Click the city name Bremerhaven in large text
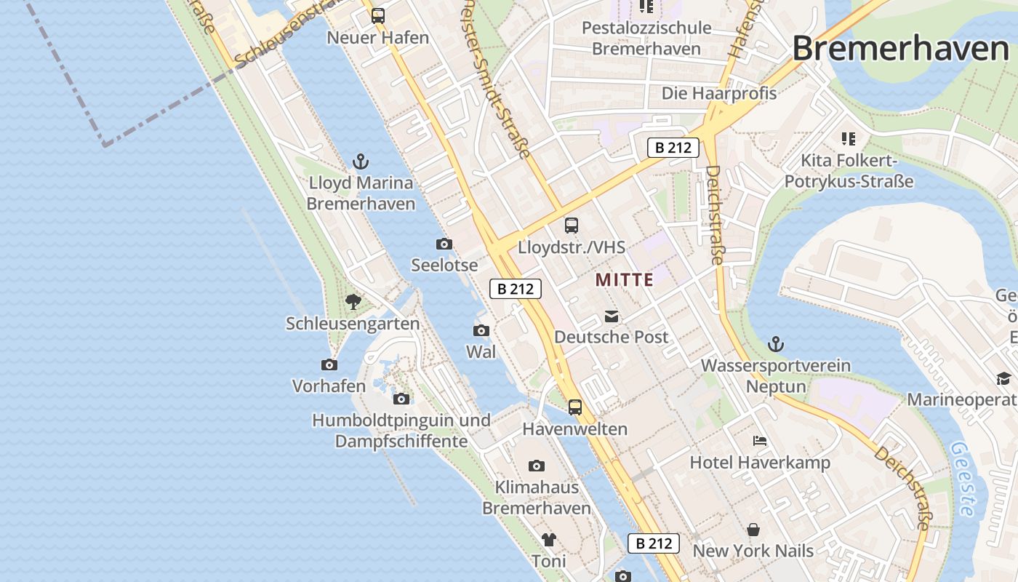(x=900, y=49)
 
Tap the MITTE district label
(x=624, y=279)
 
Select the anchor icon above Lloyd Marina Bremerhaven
(x=361, y=162)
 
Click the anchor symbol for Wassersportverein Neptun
(x=776, y=343)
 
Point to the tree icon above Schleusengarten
(x=353, y=301)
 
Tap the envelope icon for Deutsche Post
(x=611, y=316)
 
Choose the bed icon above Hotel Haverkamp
(x=760, y=441)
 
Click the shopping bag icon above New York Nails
(x=753, y=530)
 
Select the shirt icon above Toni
(x=548, y=540)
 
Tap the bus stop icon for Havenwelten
(x=575, y=407)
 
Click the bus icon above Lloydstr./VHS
(x=572, y=226)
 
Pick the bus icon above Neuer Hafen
(x=378, y=15)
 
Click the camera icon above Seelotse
(x=444, y=244)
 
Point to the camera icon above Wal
(x=481, y=331)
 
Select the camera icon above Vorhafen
(x=329, y=364)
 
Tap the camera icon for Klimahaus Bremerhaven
(x=537, y=466)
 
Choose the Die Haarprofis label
(x=718, y=93)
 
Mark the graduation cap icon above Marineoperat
(x=1003, y=378)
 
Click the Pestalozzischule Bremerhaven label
(x=646, y=39)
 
